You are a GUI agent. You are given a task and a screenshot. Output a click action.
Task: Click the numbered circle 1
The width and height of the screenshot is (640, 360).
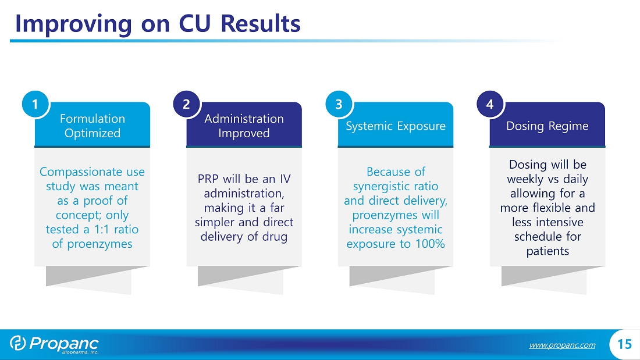(35, 105)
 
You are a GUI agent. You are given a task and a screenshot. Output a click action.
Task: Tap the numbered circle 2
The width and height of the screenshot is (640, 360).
(187, 105)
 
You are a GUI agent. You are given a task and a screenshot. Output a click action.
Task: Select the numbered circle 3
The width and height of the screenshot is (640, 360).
(339, 105)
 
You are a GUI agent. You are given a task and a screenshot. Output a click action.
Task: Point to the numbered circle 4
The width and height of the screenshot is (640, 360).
(490, 105)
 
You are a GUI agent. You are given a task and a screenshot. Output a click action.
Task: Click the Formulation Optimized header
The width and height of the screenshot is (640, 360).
(93, 126)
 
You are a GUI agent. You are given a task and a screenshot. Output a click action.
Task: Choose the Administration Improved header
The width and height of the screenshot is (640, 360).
(244, 126)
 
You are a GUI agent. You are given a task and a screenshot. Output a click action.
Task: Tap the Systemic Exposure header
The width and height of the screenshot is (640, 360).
(396, 126)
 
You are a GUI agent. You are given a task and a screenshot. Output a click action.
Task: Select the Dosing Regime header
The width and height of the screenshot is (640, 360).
(547, 126)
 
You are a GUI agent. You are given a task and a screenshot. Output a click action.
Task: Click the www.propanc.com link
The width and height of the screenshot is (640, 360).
(562, 345)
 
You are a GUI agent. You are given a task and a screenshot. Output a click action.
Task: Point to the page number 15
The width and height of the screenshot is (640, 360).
(624, 344)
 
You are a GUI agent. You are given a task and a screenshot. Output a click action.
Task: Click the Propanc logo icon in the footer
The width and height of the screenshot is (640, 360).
(18, 343)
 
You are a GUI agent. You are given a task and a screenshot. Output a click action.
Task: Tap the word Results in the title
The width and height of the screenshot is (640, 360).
(261, 24)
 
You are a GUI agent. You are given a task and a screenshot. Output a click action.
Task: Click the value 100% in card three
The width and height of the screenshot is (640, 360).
(430, 244)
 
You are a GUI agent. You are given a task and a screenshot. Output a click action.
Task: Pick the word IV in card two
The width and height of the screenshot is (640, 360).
(285, 179)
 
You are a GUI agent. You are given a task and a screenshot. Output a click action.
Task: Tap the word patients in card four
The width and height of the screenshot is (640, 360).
(547, 251)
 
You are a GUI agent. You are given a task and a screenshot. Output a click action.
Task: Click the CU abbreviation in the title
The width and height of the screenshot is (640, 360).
(195, 24)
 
